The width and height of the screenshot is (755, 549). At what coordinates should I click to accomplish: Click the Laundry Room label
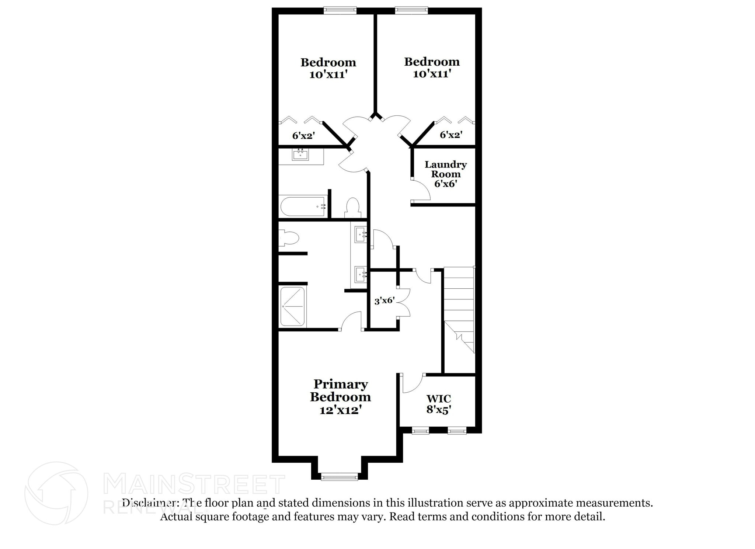(445, 169)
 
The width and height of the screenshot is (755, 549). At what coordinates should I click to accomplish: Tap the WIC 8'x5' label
(439, 404)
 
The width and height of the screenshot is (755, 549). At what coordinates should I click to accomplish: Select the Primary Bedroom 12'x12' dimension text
(340, 410)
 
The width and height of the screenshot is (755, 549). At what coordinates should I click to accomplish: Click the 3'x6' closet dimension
(385, 301)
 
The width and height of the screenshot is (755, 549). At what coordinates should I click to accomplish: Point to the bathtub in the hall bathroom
(302, 207)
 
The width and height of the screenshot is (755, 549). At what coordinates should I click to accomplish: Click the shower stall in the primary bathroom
(293, 306)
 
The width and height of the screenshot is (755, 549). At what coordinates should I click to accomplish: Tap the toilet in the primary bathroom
(288, 238)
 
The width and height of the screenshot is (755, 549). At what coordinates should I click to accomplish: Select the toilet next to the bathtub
(353, 208)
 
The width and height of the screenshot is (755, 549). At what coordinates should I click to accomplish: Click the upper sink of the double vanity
(360, 234)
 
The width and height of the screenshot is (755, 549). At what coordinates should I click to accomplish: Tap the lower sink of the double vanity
(360, 274)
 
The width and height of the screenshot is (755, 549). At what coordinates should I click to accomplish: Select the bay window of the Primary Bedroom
(339, 477)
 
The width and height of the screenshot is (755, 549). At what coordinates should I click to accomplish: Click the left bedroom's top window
(340, 10)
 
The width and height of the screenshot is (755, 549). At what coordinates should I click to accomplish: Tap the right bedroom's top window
(411, 10)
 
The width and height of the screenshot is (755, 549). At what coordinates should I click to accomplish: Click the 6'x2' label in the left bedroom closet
(303, 136)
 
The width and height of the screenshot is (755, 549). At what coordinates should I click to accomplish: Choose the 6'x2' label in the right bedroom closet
(451, 135)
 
